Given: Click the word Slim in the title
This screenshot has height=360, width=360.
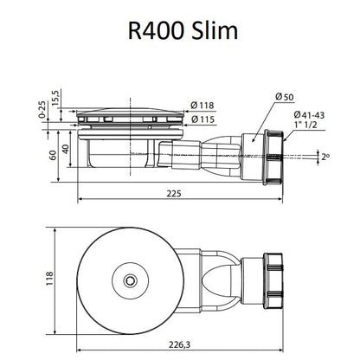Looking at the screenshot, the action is (x=215, y=30).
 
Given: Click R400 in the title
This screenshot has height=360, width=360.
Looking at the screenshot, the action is (x=156, y=30).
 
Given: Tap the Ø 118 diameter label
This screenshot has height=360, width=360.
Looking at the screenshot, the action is (x=202, y=106).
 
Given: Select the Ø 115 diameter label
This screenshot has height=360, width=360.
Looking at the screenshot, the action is (x=202, y=119).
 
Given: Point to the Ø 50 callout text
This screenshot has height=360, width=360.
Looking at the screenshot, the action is (x=285, y=97).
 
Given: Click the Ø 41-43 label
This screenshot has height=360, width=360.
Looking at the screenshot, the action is (x=309, y=115).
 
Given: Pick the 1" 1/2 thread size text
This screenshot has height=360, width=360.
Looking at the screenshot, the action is (x=305, y=125).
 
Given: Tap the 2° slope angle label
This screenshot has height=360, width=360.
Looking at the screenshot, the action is (x=325, y=157).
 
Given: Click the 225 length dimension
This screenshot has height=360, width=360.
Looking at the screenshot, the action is (x=174, y=193).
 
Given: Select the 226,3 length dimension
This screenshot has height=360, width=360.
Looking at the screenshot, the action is (x=180, y=344).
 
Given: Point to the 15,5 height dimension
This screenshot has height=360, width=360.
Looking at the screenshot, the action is (x=55, y=98).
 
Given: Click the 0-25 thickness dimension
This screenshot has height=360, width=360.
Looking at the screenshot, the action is (x=42, y=110).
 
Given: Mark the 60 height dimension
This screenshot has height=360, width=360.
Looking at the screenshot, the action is (x=53, y=155).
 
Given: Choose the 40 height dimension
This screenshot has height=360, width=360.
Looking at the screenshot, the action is (x=66, y=149).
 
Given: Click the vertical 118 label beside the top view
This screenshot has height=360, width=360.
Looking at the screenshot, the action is (x=49, y=279).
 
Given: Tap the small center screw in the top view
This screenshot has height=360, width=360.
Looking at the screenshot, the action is (x=130, y=280).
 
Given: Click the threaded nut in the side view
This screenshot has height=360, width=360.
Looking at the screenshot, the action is (x=273, y=157).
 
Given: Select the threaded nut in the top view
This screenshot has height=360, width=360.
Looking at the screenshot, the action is (x=273, y=281).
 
